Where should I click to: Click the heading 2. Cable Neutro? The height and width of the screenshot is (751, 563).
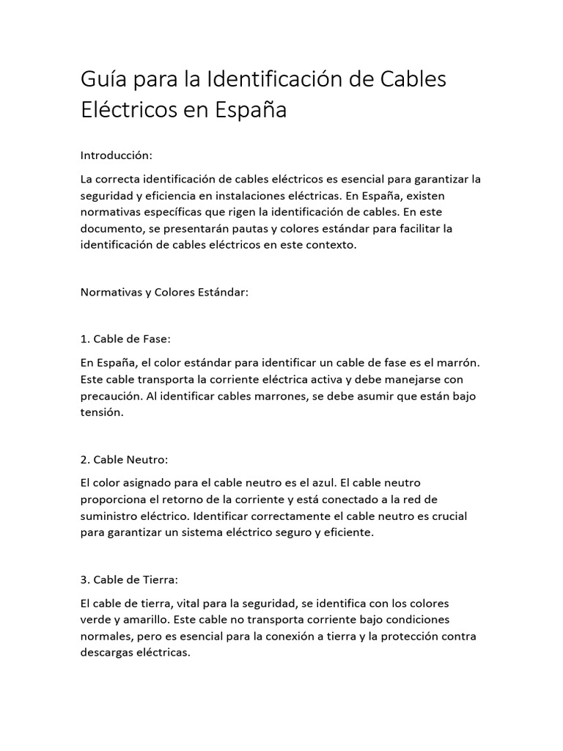coord(125,460)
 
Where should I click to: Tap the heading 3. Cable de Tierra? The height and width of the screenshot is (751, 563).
coord(128,580)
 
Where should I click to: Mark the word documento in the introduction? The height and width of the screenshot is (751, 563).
coord(109,229)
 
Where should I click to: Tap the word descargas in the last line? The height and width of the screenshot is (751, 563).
coord(106,653)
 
